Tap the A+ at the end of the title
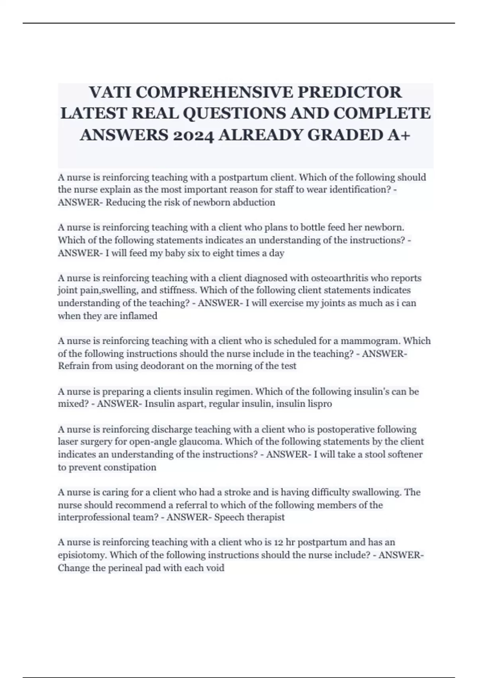click(398, 136)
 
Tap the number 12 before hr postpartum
click(279, 542)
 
